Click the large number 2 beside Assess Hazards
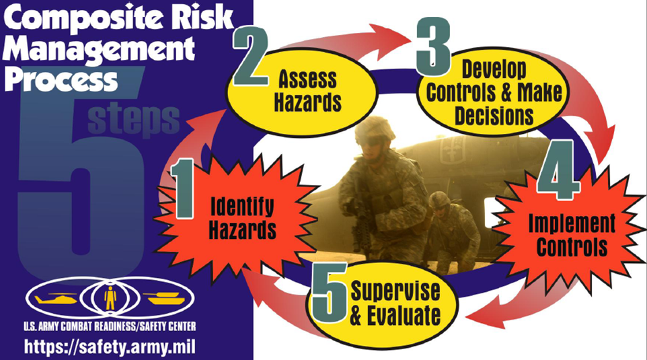tap(250, 57)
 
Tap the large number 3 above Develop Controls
tap(433, 46)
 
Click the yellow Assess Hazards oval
tap(303, 92)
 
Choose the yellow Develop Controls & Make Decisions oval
tap(494, 92)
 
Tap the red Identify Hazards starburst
tap(237, 218)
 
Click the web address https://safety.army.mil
tap(110, 347)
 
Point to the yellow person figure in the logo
tap(110, 297)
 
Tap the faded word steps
tap(134, 120)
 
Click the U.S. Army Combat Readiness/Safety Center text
tap(110, 326)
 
